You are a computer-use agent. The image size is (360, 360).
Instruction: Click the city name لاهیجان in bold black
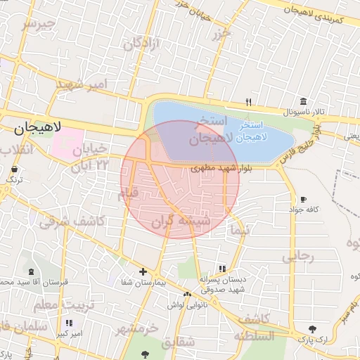click(x=38, y=128)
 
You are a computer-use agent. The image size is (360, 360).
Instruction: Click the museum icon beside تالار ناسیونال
click(x=303, y=102)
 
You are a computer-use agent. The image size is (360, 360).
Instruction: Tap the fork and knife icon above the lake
click(x=249, y=102)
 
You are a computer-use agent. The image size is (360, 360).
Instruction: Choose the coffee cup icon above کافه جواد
click(x=303, y=200)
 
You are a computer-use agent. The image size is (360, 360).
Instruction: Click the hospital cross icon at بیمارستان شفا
click(x=143, y=271)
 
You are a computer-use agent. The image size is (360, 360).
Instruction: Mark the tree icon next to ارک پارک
click(x=312, y=328)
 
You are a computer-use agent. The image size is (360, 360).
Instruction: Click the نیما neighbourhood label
click(x=240, y=229)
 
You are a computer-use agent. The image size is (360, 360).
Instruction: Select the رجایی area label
click(x=297, y=257)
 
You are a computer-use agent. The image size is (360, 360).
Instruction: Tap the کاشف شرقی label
click(x=71, y=221)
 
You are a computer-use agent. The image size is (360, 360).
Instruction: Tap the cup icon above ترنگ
click(x=15, y=169)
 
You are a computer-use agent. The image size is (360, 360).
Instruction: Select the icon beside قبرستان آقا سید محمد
click(x=31, y=271)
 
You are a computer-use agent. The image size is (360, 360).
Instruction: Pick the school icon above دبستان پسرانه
click(x=223, y=269)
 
